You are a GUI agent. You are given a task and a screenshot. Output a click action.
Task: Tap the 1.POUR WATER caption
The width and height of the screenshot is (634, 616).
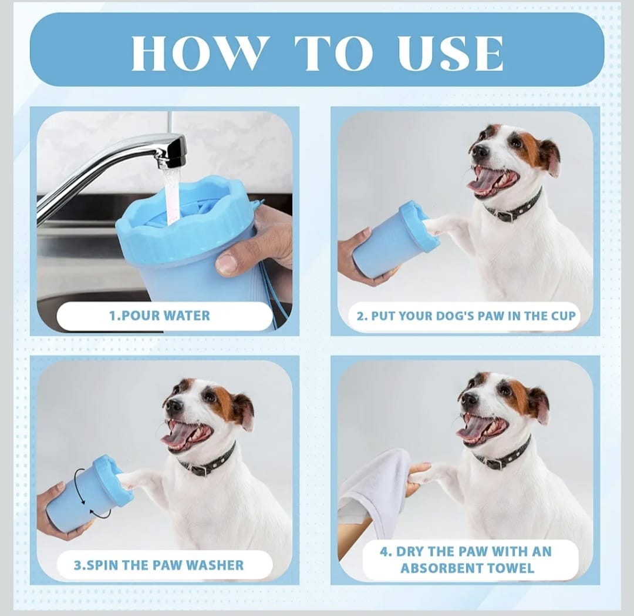(x=160, y=316)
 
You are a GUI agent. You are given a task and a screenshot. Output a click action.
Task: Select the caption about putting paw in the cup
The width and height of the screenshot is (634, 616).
(x=466, y=316)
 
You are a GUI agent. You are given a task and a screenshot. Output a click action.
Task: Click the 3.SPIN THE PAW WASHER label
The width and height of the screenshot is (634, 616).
(x=158, y=565)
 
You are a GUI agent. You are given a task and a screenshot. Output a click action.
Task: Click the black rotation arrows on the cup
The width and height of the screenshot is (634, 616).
(x=88, y=500)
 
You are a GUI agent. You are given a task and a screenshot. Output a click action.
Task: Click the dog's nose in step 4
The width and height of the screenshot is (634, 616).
(x=469, y=400)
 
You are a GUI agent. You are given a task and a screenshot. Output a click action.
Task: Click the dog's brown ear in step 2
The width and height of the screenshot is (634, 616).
(x=548, y=156)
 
